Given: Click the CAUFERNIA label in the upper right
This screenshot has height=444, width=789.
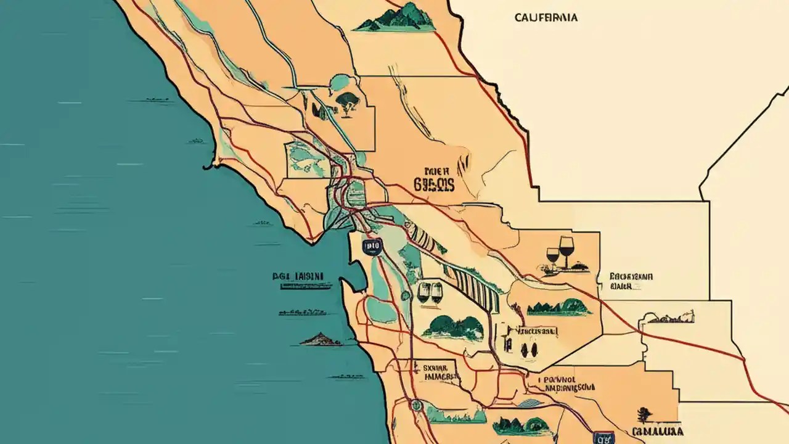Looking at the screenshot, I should (x=546, y=18).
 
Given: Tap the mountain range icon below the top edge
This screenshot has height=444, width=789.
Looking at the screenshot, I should (x=394, y=18).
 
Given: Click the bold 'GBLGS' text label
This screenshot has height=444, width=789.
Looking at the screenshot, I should (x=435, y=184).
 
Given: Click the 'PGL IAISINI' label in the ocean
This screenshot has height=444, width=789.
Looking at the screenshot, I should (x=298, y=277).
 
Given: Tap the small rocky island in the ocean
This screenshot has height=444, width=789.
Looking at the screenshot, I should (x=321, y=339).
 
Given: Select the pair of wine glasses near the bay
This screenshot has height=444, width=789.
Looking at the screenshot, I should (x=430, y=292).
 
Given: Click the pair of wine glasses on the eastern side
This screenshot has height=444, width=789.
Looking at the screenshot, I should (x=560, y=252).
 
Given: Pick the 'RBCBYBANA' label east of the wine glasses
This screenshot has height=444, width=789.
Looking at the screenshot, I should (x=631, y=281).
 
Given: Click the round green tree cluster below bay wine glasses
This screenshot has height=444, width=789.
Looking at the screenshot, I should (x=453, y=327).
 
